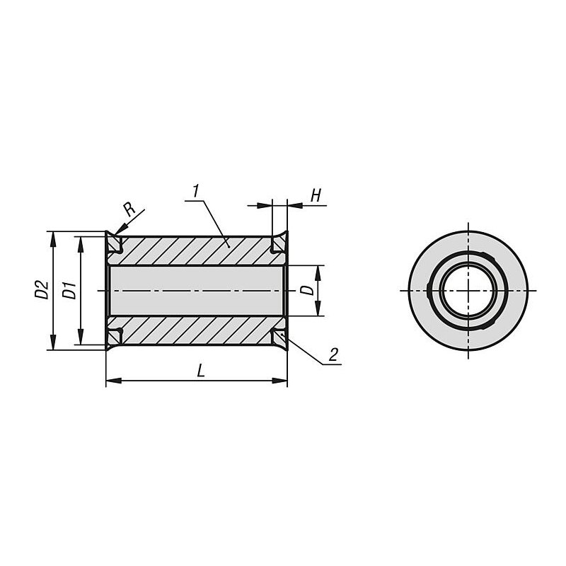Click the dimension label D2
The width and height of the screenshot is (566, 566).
point(42,289)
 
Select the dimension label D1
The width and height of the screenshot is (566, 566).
point(69,290)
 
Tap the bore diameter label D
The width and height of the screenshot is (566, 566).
point(308,289)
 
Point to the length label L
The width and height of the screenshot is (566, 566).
point(201,371)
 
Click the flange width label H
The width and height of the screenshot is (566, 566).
point(316,196)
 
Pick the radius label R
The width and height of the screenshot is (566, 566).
point(129,209)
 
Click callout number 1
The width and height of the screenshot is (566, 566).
point(196,191)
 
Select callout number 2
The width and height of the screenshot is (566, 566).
point(333,355)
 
